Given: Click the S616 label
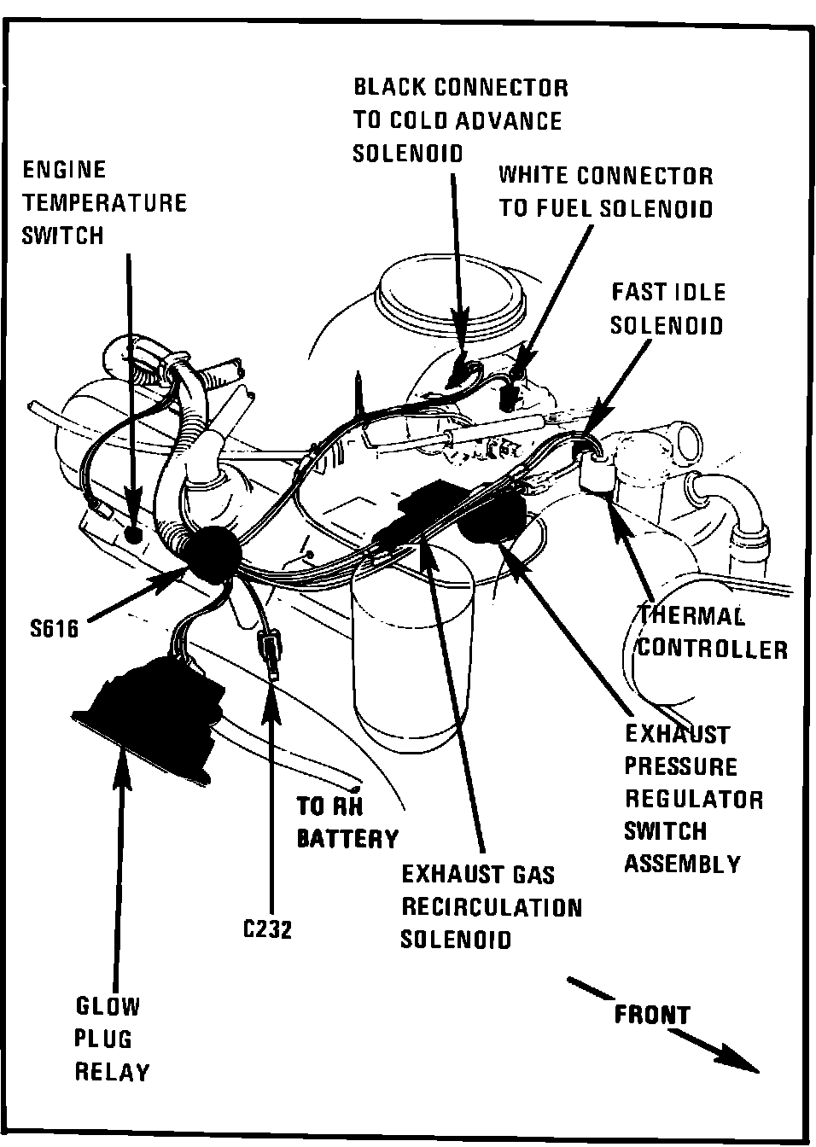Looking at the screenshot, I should (x=53, y=629).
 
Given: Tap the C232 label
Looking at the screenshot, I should (x=267, y=929).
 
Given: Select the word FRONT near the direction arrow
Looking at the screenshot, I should (x=652, y=1015).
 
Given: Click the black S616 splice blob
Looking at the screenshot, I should (x=209, y=554).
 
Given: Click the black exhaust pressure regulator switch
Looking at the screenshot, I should (x=493, y=519).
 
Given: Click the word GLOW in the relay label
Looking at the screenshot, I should (x=108, y=1006).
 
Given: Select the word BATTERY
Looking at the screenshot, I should (x=347, y=839).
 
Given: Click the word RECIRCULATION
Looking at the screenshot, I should (x=492, y=906).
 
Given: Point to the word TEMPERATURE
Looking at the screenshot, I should (x=104, y=203).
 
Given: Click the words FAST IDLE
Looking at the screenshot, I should (x=667, y=292).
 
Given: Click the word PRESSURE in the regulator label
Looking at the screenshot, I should (x=680, y=766).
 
